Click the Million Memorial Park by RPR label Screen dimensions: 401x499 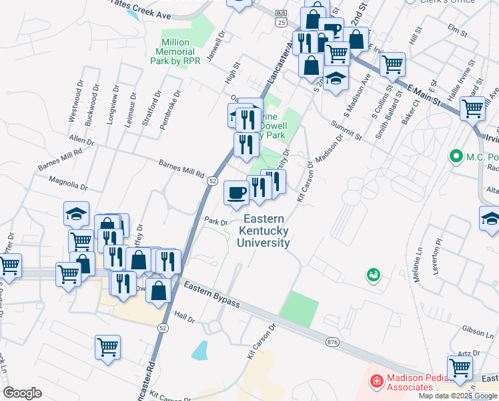pos(177,51)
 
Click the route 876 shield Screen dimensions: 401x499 pos(333,342)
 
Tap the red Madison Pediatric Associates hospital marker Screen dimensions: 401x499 pos(376,381)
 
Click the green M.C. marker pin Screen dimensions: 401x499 pos(457,156)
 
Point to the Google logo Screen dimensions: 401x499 pos(22,393)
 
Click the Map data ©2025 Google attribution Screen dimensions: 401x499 pos(458,396)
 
